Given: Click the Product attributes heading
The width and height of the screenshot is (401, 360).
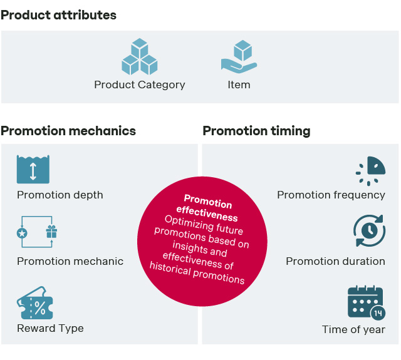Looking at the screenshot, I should tap(58, 15).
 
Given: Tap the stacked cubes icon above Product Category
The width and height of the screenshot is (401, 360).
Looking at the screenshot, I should tap(139, 57).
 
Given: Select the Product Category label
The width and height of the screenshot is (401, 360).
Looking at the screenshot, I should tap(139, 85).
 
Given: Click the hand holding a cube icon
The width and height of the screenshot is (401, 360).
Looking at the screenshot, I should tap(239, 57).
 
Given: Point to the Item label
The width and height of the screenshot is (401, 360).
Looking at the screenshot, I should tap(239, 85).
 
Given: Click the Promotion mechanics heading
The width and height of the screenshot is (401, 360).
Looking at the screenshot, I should tap(68, 131).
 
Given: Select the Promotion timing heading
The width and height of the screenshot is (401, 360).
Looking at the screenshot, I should tap(256, 131).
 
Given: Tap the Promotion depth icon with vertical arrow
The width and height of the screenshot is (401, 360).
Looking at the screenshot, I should tap(33, 169).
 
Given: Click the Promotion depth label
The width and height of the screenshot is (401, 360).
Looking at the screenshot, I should tap(60, 195).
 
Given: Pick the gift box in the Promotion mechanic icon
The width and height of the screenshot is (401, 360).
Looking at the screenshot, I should tap(51, 232).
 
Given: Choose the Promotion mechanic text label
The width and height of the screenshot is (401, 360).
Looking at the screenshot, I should tap(70, 261).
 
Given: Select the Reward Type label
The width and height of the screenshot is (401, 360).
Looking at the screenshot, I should tap(50, 328).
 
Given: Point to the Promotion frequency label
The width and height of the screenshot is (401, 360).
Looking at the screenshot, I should tap(331, 195).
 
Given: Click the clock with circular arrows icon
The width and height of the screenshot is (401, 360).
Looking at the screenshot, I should tap(370, 230).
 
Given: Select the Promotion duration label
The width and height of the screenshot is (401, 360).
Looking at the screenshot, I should tap(335, 261).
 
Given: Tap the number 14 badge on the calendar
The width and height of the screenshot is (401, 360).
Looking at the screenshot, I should tap(378, 313).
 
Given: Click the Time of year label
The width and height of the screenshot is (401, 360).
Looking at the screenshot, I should tap(353, 329).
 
